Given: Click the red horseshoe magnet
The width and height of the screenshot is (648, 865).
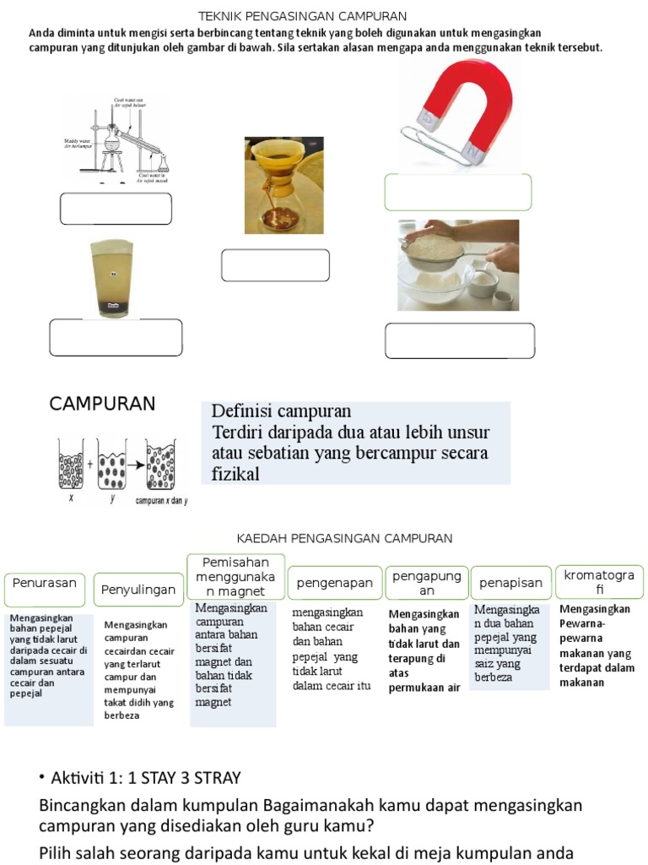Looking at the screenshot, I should (x=472, y=106).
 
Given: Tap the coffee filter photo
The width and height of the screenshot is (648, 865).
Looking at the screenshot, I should (x=283, y=185).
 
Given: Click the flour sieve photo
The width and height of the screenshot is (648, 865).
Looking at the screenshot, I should (x=458, y=265).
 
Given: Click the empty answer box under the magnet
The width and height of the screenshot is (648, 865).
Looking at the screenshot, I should (x=457, y=193).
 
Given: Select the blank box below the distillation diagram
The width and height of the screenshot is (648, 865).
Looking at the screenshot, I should (x=116, y=209).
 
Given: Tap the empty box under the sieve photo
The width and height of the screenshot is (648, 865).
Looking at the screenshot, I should (x=459, y=340).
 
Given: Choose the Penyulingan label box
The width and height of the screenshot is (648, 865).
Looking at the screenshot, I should (x=138, y=589).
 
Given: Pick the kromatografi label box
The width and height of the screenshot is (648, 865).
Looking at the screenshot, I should (x=599, y=582).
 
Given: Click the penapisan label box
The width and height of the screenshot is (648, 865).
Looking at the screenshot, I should (x=510, y=583).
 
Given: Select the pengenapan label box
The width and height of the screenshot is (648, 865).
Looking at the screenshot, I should (x=334, y=583).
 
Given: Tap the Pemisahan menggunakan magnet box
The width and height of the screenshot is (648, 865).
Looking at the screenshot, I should (x=235, y=576).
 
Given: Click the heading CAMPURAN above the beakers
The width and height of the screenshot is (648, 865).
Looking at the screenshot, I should (x=102, y=404).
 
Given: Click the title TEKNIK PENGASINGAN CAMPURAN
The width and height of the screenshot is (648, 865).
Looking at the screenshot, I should (x=302, y=16).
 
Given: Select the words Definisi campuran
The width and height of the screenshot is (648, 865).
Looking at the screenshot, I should (x=280, y=412).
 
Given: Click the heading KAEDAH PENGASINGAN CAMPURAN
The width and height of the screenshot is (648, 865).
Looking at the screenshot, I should (x=344, y=538).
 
